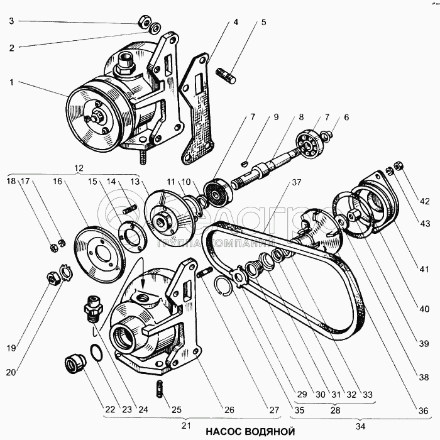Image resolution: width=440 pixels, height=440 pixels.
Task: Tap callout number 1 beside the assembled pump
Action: coord(11,82)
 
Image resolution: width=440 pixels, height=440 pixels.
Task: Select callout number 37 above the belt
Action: coord(295,183)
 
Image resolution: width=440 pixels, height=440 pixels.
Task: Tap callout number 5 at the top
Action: coord(263,22)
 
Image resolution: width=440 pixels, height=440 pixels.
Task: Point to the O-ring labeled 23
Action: coord(97,353)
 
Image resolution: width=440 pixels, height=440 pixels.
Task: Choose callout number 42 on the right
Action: coord(426,202)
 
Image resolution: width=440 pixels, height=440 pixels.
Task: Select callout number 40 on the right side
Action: coord(426,309)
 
